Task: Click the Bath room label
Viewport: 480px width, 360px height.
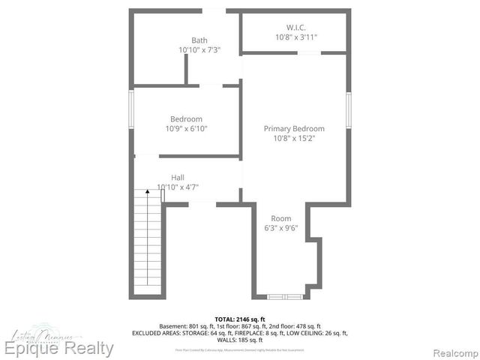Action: tap(199, 40)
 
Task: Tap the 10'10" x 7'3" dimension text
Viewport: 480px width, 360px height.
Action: tap(199, 50)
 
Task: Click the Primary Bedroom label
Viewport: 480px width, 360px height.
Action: tap(294, 128)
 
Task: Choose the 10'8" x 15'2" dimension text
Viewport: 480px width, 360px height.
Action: tap(294, 138)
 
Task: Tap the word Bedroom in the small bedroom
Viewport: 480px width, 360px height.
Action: tap(186, 119)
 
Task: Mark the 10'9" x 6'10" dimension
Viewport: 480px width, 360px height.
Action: tap(186, 129)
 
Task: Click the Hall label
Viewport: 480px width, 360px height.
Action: tap(178, 178)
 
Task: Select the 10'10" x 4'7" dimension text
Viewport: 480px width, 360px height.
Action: tap(178, 187)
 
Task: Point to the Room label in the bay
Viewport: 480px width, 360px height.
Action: tap(280, 219)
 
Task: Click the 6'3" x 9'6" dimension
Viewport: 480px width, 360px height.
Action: tap(280, 229)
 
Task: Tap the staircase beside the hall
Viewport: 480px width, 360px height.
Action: tap(148, 244)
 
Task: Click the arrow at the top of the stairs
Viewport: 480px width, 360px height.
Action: tap(148, 193)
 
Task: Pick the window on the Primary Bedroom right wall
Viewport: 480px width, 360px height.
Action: tap(349, 112)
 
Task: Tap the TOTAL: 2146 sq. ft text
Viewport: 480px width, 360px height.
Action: tap(240, 319)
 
